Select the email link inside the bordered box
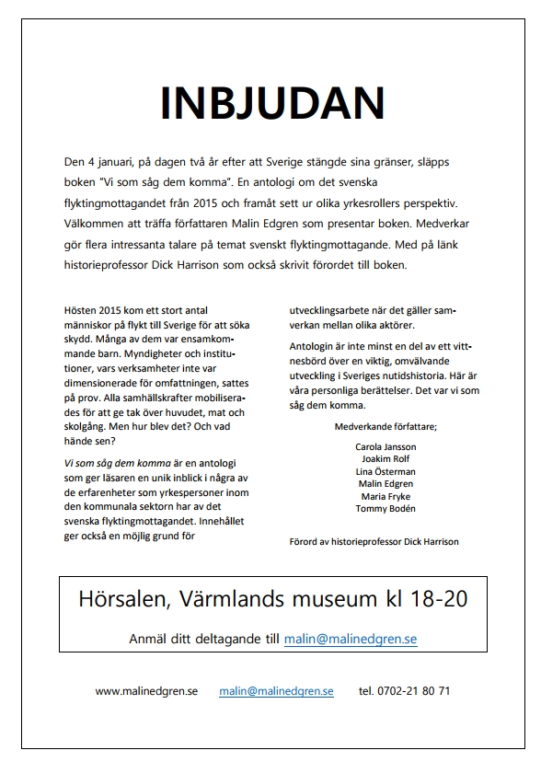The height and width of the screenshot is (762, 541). [350, 638]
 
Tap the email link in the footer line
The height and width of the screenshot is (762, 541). [276, 690]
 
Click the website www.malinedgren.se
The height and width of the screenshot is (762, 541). [146, 690]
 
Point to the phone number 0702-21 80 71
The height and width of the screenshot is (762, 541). [405, 690]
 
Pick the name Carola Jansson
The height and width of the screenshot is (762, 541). [386, 446]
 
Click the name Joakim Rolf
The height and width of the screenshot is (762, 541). [386, 458]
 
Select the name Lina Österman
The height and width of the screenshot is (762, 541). [386, 471]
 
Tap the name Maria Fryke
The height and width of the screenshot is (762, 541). [386, 496]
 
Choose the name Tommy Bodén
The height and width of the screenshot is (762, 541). [386, 508]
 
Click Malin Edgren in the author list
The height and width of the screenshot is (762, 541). [386, 483]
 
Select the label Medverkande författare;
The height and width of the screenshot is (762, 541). [386, 426]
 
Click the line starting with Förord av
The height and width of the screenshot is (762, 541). [374, 541]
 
